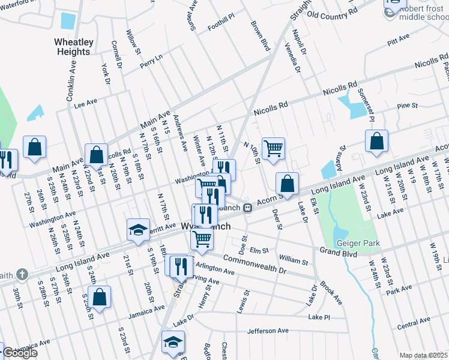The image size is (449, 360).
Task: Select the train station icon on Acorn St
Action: coord(247,208)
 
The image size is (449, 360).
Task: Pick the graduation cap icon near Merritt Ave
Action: coord(138,230)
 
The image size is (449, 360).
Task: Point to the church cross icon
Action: coord(22,275)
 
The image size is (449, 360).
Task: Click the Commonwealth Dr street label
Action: coord(256,265)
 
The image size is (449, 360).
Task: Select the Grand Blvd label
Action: coord(338,253)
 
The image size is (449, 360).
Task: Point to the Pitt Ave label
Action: coord(398,40)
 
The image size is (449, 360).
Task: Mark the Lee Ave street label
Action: coord(85,103)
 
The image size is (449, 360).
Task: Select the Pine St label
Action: coord(407,106)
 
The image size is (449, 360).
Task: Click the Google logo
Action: coord(20,353)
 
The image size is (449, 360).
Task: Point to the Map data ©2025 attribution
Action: coord(424,355)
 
